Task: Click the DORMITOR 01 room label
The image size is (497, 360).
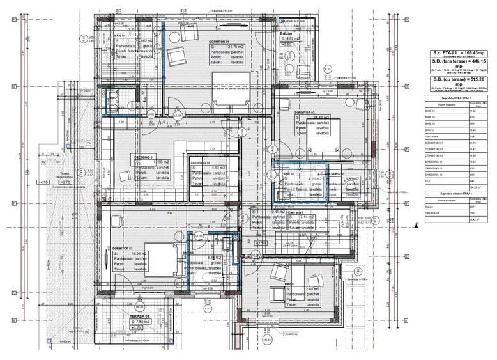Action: coord(219,41)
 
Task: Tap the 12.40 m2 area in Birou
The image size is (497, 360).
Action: coord(310,289)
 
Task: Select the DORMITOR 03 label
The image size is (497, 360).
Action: coord(122,248)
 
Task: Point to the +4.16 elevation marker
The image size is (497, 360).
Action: coord(43,182)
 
